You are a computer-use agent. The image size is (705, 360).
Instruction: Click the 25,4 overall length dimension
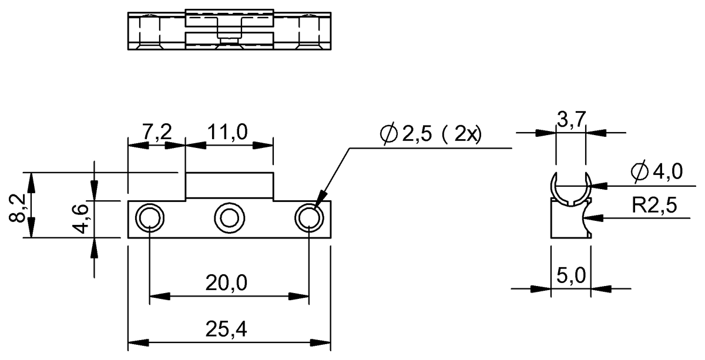(226, 331)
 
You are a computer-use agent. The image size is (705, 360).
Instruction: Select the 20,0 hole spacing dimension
(226, 284)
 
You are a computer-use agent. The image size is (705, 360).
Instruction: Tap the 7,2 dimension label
(157, 133)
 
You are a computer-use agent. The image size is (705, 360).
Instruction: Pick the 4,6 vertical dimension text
(83, 217)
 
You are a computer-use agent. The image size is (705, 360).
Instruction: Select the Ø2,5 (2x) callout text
(430, 134)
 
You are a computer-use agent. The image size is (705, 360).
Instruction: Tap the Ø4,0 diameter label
(656, 172)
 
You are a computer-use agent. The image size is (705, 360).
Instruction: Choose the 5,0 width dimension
(570, 274)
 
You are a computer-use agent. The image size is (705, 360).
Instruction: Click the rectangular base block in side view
(564, 220)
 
